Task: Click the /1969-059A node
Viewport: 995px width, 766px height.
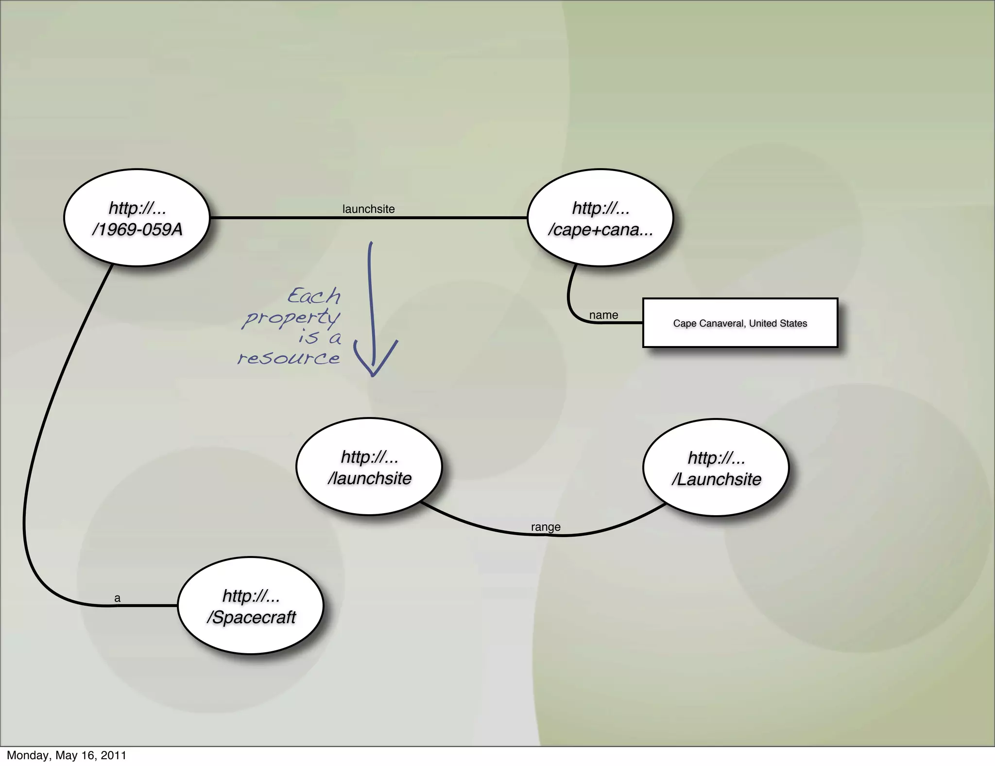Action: click(x=137, y=218)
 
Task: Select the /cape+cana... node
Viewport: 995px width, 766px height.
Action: click(x=600, y=218)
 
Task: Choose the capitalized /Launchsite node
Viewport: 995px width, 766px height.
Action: click(x=716, y=468)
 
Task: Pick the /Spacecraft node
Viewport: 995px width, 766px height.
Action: click(x=251, y=606)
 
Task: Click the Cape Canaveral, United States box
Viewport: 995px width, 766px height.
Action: click(x=740, y=323)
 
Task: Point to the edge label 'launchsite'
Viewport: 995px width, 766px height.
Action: click(x=368, y=209)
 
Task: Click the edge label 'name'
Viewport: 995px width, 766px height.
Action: click(x=603, y=315)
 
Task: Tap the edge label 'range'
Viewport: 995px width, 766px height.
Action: click(x=546, y=527)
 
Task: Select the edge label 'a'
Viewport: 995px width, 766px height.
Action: click(x=117, y=598)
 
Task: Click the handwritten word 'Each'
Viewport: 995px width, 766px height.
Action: click(x=314, y=296)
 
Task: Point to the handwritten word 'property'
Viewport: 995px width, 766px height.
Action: click(x=292, y=318)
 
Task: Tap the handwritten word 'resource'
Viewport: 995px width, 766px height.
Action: click(x=289, y=359)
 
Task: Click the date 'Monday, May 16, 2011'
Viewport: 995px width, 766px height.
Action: click(x=67, y=755)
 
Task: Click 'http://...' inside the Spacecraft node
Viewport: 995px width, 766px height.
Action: click(x=251, y=596)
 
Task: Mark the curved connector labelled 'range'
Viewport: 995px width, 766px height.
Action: click(x=486, y=528)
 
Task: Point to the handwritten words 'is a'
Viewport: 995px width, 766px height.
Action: click(x=320, y=337)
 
